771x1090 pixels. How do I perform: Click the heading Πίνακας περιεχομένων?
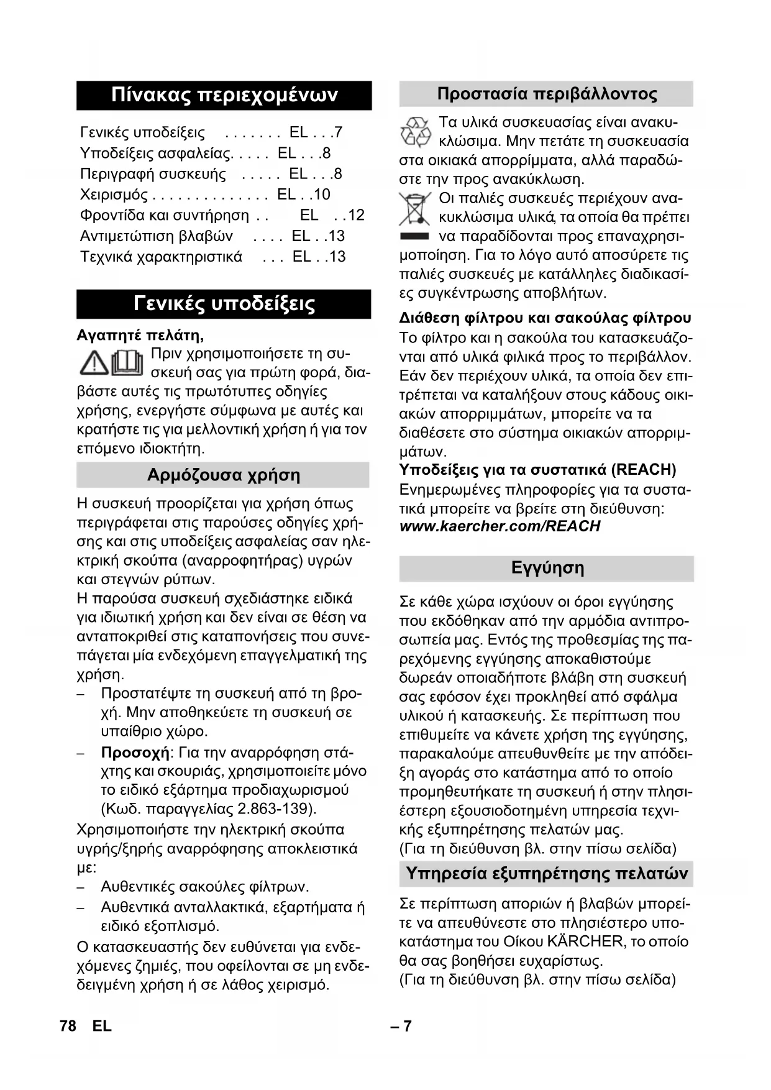coord(224,95)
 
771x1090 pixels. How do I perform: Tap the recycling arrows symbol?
coord(415,132)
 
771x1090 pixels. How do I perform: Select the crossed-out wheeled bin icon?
coord(414,209)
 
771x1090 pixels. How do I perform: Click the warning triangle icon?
coord(94,363)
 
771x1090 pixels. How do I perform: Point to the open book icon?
coord(127,363)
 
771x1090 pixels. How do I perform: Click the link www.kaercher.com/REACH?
coord(500,526)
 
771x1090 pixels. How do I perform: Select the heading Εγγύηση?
coord(547,568)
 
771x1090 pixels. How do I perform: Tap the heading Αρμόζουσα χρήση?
coord(223,475)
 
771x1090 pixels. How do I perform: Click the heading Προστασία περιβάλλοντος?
coord(547,94)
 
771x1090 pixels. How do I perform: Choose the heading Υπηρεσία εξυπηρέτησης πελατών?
coord(547,873)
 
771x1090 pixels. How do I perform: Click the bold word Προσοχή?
coord(135,753)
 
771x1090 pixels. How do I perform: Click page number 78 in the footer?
coord(68,1026)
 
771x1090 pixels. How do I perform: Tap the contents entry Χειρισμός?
coord(114,195)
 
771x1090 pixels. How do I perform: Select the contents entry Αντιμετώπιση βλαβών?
coord(157,236)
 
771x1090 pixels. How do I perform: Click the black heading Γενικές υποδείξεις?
coord(224,304)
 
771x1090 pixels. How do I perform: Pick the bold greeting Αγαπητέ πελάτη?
coord(140,336)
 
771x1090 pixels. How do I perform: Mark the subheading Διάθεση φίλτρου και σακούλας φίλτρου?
coord(545,318)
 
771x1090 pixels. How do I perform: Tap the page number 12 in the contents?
coord(355,215)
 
